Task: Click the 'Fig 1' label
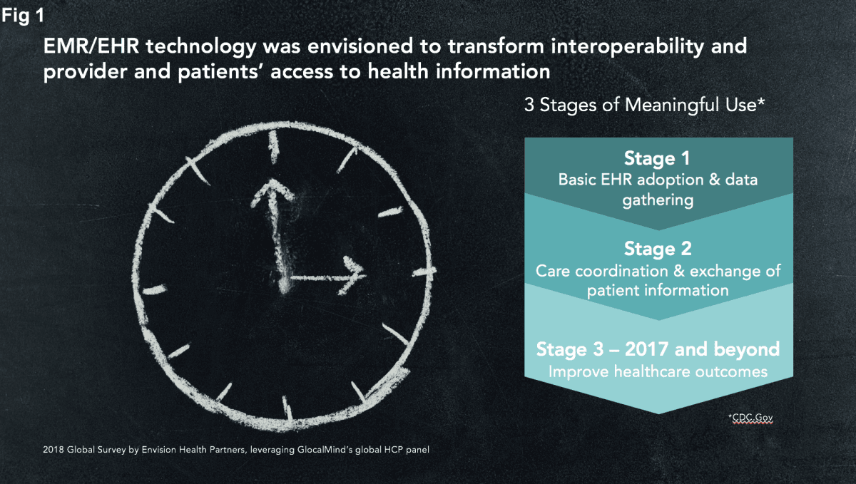click(23, 16)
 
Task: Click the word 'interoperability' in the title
click(627, 46)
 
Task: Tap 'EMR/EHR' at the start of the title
click(91, 46)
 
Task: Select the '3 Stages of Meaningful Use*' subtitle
click(644, 105)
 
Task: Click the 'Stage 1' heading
click(657, 158)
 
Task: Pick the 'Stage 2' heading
click(658, 249)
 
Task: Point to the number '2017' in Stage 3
click(646, 349)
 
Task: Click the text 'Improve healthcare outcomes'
click(658, 371)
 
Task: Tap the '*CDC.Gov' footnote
click(750, 418)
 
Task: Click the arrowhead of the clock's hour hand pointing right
click(352, 275)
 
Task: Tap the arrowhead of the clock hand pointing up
click(272, 191)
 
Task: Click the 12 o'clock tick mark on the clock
click(274, 147)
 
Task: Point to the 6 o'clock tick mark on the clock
click(287, 408)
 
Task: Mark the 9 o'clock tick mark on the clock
click(155, 290)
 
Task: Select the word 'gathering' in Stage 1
click(658, 200)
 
